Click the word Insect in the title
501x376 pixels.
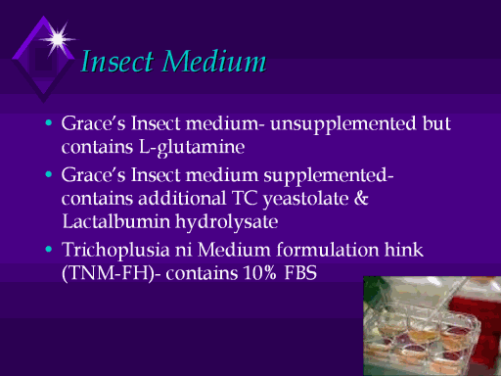tap(117, 61)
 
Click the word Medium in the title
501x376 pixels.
tap(214, 61)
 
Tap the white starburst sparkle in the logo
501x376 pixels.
tap(58, 39)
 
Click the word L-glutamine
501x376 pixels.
tap(192, 148)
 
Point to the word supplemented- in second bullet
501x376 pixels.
tap(329, 176)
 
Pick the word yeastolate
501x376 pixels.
tap(306, 199)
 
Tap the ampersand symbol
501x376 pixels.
tap(361, 198)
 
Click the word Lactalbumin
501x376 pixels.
tap(116, 221)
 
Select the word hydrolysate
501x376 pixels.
tap(227, 223)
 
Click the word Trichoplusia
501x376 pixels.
tap(115, 251)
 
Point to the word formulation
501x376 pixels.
tap(328, 250)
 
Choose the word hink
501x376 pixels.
tap(404, 250)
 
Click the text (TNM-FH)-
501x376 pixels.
tap(111, 273)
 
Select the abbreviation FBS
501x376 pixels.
tap(300, 273)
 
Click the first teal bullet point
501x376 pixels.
tap(49, 123)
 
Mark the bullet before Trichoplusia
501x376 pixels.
tap(49, 250)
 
